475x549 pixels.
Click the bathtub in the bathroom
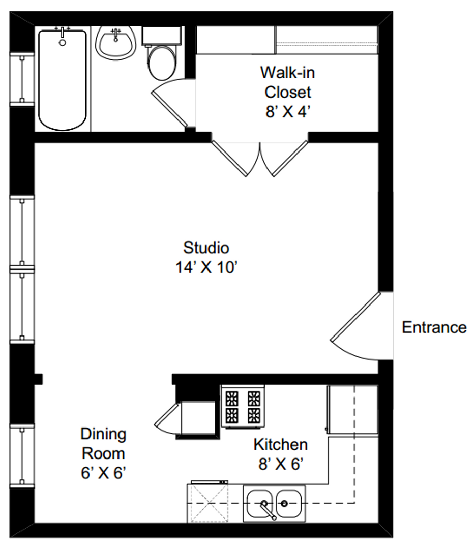pos(62,79)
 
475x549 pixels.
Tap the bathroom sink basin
pos(115,43)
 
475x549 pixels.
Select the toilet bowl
pos(162,63)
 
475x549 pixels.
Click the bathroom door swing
pos(172,102)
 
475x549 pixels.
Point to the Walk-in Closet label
pos(287,82)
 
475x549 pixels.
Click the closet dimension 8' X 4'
pos(288,112)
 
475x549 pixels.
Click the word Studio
pos(206,248)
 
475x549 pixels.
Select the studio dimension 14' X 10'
pos(206,267)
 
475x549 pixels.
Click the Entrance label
pos(434,327)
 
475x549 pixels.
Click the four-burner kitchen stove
pos(243,407)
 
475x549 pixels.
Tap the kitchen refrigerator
pos(352,410)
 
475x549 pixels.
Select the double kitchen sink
pos(274,503)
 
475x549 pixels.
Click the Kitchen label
pos(281,444)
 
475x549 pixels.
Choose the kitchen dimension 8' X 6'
pos(281,464)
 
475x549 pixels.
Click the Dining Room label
pos(103,444)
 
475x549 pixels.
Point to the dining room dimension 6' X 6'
pos(103,473)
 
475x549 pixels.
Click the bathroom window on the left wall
pos(22,79)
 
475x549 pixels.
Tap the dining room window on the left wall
pos(22,455)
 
